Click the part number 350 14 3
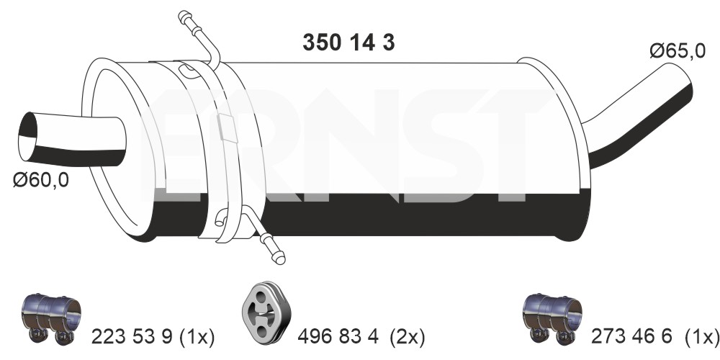(348, 42)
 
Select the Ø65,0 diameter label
(678, 51)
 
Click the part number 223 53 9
(132, 337)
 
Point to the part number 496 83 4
(338, 337)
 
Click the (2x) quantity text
(408, 338)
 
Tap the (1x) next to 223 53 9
(196, 338)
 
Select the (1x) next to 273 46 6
(701, 338)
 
